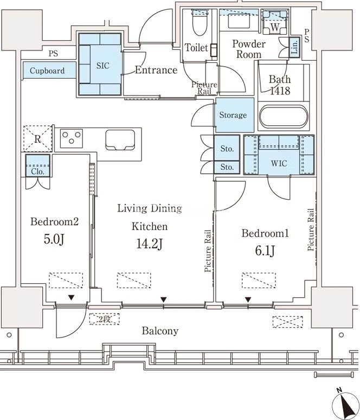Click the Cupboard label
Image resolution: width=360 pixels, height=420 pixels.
tap(47, 71)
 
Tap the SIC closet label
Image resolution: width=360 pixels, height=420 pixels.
tap(102, 66)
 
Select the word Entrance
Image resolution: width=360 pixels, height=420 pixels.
tap(156, 70)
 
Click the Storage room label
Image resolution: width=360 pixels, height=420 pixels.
tap(233, 115)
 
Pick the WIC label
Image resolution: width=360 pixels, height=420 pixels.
tap(279, 162)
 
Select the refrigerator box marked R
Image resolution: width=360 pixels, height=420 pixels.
tap(37, 139)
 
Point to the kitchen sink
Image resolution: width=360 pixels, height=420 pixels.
tap(120, 139)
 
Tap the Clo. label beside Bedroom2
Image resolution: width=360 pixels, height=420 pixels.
tap(37, 171)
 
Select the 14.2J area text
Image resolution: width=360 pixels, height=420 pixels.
tap(150, 244)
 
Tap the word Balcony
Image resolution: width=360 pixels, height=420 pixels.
tap(160, 330)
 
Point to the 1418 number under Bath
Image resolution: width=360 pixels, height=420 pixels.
tap(280, 91)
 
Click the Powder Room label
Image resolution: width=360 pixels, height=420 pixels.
tap(249, 49)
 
